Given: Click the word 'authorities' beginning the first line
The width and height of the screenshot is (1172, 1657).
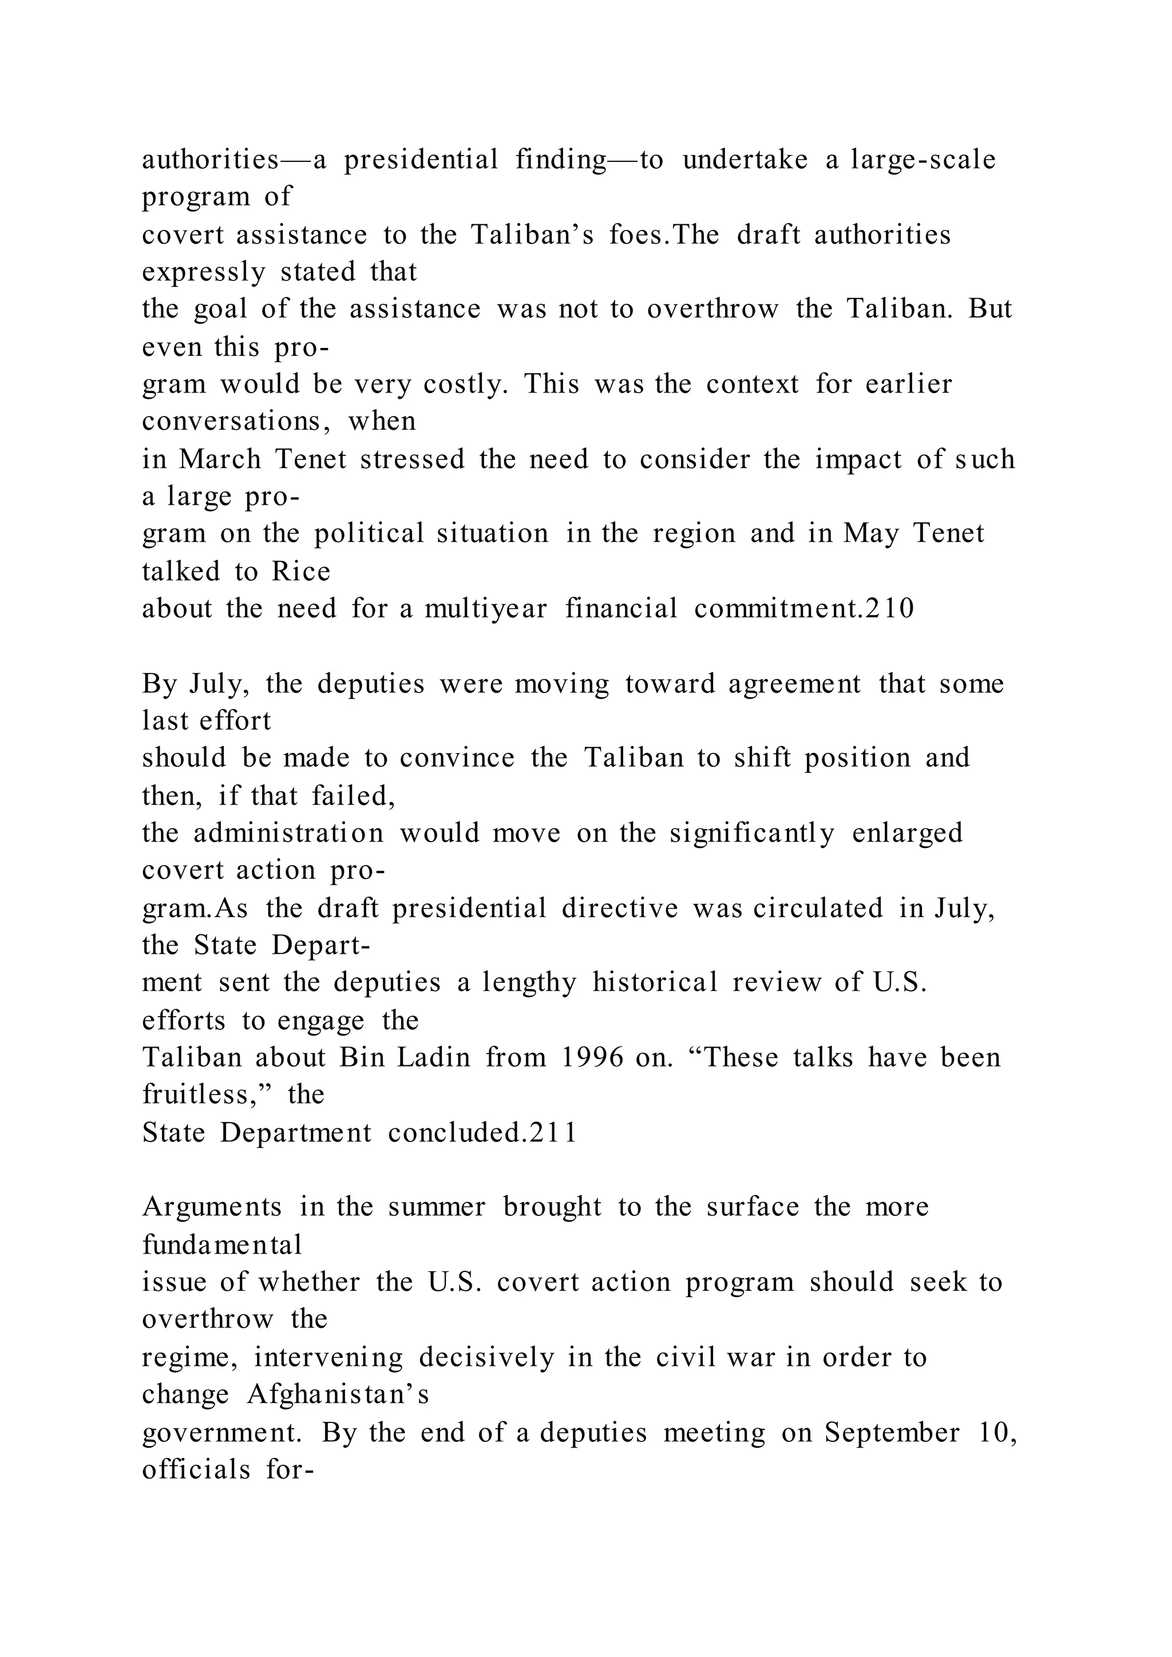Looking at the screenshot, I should click(x=210, y=160).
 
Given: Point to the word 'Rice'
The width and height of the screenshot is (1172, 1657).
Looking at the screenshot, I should click(x=301, y=572).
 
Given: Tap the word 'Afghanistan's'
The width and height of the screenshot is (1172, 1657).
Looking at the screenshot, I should click(x=338, y=1394).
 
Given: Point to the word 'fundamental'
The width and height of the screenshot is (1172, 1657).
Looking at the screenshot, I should click(x=222, y=1244).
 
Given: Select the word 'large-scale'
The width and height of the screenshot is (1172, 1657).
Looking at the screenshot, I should click(x=924, y=160).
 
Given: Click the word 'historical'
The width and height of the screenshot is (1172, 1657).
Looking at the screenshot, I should click(x=655, y=982).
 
